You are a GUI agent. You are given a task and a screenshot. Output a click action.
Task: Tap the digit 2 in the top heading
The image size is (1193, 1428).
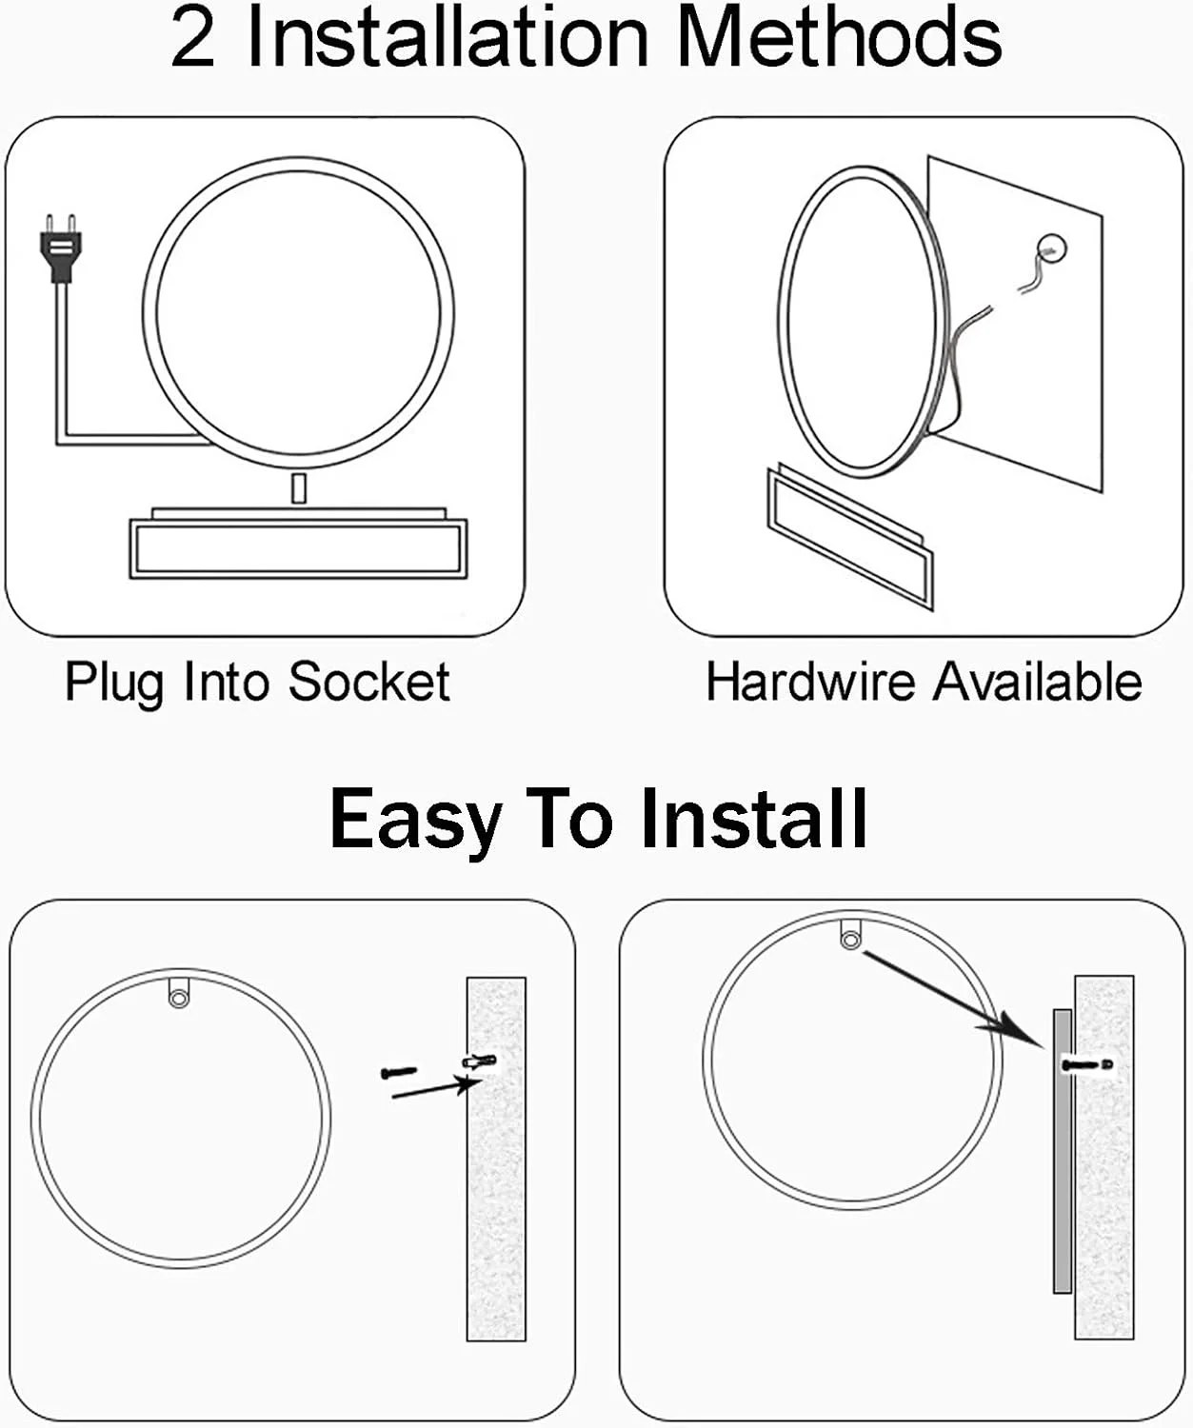tap(193, 38)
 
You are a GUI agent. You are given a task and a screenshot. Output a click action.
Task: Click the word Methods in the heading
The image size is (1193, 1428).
tap(841, 38)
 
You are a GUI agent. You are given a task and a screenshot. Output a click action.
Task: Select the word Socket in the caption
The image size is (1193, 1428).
tap(368, 682)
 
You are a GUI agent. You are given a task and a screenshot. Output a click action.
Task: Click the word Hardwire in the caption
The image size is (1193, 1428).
tap(810, 682)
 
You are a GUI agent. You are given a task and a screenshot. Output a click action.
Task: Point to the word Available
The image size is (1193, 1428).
tap(1038, 682)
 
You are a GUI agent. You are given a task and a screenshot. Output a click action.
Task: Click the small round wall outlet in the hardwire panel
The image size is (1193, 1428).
tap(1051, 248)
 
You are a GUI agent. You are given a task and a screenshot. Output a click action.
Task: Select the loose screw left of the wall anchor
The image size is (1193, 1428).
tap(399, 1071)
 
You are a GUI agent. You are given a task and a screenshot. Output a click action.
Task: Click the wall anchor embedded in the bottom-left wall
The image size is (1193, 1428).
tap(478, 1061)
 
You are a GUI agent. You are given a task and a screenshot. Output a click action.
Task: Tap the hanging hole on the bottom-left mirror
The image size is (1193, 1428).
tap(179, 998)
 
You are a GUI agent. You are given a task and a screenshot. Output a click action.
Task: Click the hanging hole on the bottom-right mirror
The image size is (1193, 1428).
tap(850, 941)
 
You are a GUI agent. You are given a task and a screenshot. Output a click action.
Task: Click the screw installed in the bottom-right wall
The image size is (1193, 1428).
tap(1087, 1064)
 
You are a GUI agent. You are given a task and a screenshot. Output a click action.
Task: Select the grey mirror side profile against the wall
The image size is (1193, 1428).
tap(1063, 1151)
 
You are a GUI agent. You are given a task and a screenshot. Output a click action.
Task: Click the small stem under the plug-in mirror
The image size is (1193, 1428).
tap(298, 488)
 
